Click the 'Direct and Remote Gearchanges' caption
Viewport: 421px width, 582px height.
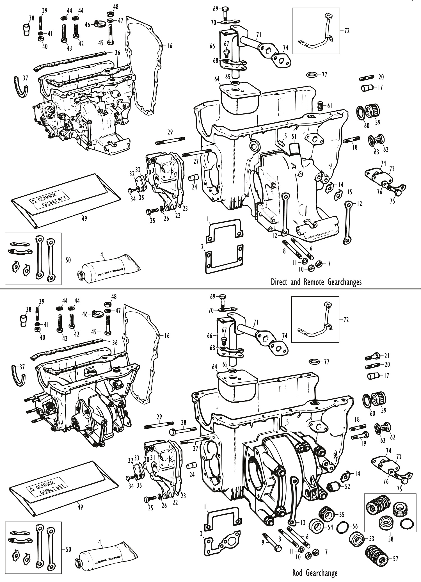click(x=316, y=282)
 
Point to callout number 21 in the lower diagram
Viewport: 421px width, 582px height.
click(x=387, y=356)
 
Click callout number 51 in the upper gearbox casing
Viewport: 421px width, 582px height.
click(x=294, y=136)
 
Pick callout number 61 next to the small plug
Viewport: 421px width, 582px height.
click(x=330, y=106)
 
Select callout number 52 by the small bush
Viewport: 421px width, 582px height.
click(x=347, y=486)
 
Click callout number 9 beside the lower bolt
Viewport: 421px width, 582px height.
click(x=263, y=543)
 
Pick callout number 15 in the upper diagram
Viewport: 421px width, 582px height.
click(x=349, y=193)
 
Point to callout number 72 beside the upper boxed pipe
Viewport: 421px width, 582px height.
click(x=347, y=31)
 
